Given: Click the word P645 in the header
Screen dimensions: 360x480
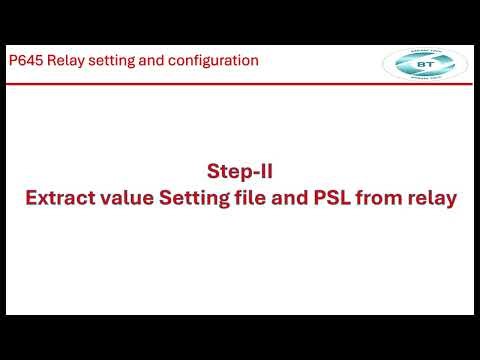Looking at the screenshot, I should [24, 61].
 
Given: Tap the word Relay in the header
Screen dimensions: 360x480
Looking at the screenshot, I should [65, 61].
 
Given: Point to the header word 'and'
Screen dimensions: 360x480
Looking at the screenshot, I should [155, 61].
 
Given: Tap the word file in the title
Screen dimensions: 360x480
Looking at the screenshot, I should [262, 198].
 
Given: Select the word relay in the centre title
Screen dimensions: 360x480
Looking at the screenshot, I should [433, 198].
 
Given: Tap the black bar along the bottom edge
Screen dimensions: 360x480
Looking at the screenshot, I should [240, 337].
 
